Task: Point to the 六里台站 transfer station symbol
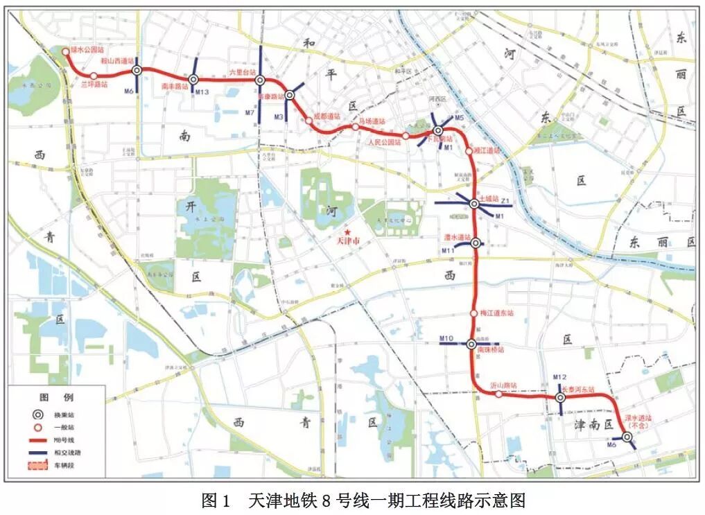tap(260, 80)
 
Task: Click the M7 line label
tap(250, 112)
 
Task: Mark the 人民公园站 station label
tap(384, 142)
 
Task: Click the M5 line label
tap(459, 118)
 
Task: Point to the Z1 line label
tap(506, 201)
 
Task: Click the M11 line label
tap(449, 250)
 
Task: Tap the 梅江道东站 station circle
tap(473, 313)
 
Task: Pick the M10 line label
tap(446, 338)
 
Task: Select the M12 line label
tap(560, 377)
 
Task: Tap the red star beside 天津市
tap(350, 232)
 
